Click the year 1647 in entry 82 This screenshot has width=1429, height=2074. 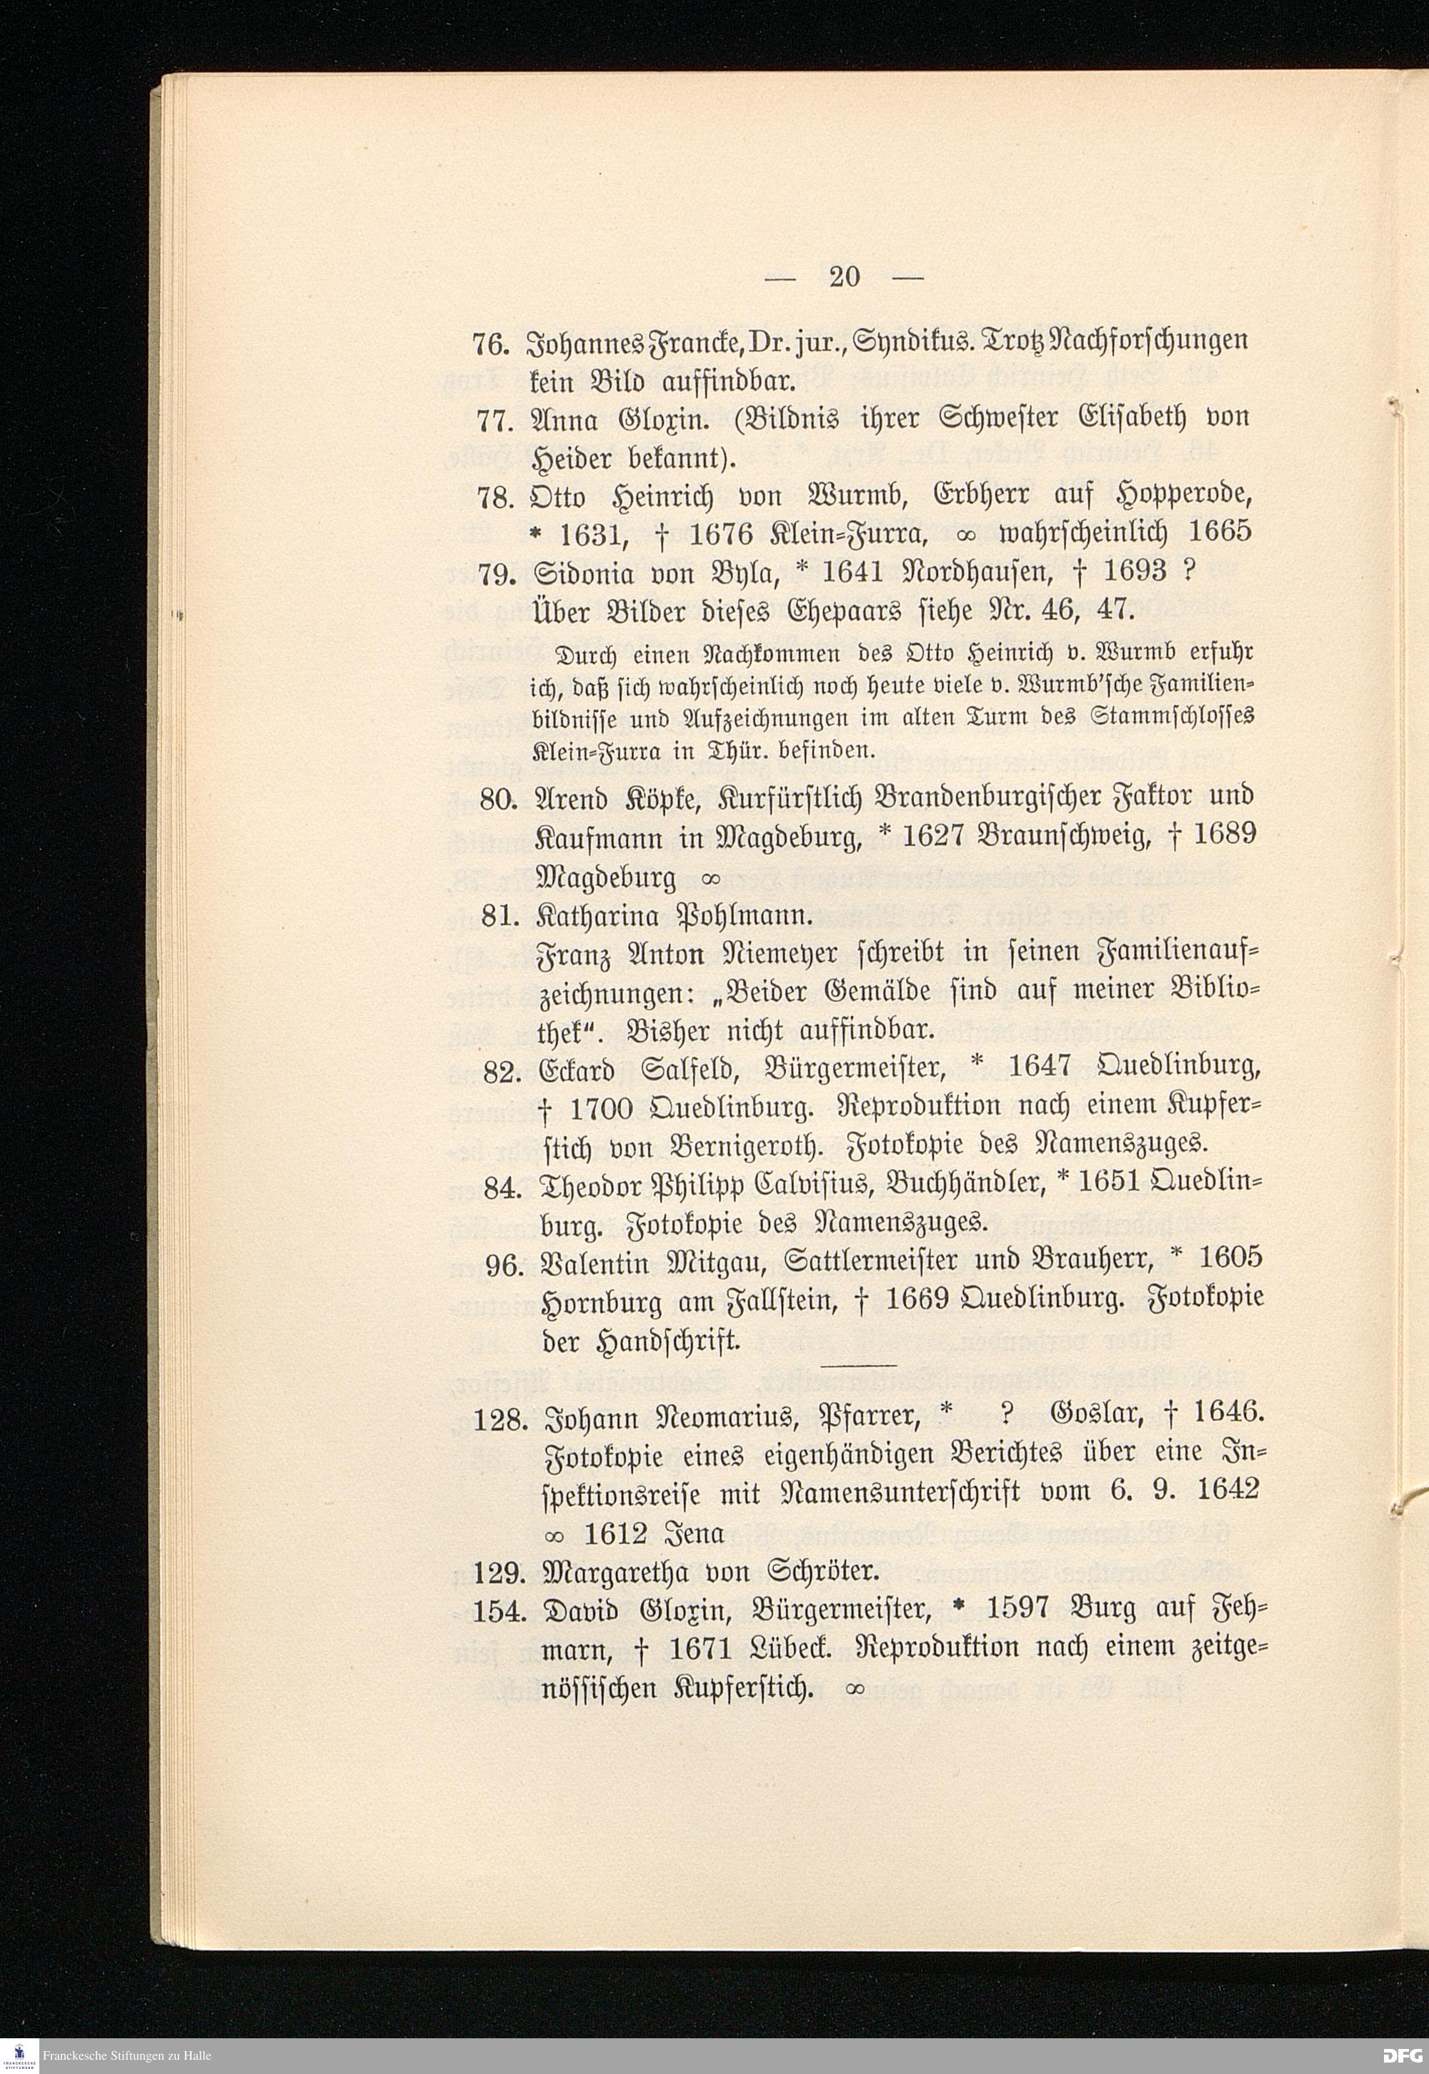point(1040,1069)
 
